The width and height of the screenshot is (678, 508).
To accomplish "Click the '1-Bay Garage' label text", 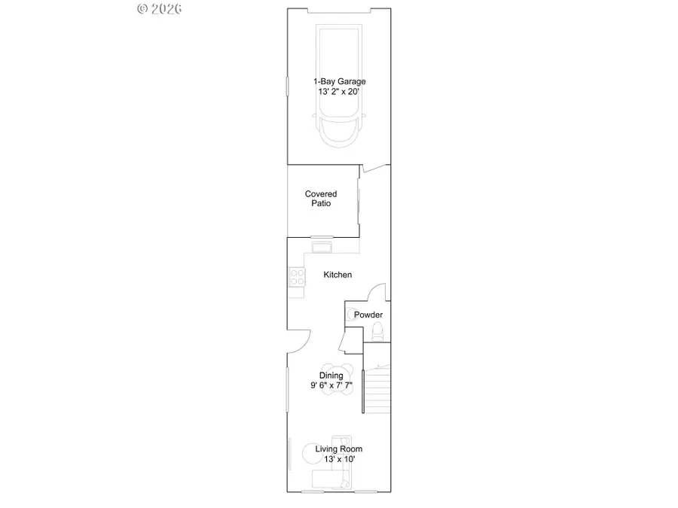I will coord(340,81).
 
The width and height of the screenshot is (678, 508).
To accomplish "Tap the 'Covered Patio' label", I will coord(321,199).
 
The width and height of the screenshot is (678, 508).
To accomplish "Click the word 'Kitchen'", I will coord(337,275).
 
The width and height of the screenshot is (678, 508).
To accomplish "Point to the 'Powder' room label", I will coord(369,315).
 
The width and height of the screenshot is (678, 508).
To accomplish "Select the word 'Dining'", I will coord(331,376).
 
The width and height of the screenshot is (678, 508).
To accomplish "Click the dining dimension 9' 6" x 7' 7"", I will coord(331,385).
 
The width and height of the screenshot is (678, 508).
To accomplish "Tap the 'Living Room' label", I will coord(339,449).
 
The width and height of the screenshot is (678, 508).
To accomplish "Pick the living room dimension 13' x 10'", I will coord(339,459).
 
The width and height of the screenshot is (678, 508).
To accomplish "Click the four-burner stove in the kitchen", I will coord(297,278).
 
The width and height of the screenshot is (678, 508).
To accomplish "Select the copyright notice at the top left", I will coord(160,9).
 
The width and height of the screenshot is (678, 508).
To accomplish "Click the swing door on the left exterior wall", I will coord(297,341).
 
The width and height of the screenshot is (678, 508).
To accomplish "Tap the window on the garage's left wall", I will coord(286,85).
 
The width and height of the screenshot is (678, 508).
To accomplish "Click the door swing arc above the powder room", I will coord(377,292).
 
